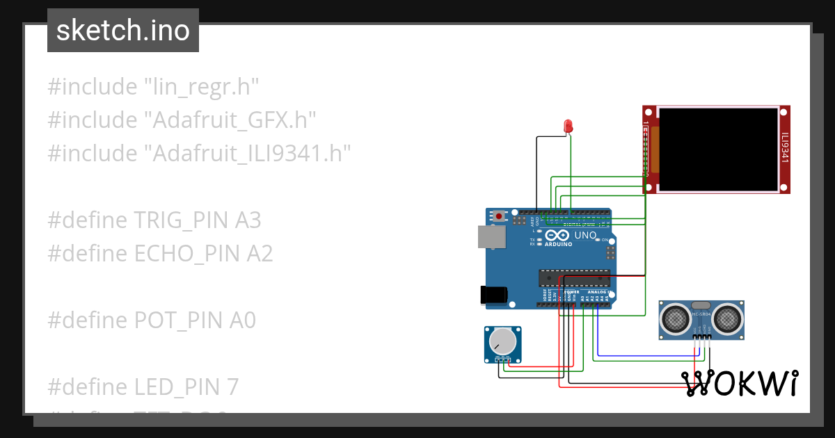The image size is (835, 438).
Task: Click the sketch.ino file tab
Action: (x=123, y=31)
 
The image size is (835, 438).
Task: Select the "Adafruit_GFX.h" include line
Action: (x=182, y=120)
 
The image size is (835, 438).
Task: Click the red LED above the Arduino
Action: (x=568, y=127)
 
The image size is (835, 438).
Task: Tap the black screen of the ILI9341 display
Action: (x=717, y=149)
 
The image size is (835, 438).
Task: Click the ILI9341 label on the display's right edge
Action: (x=785, y=147)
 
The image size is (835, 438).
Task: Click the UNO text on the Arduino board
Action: (x=584, y=235)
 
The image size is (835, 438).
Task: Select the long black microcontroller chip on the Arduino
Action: (x=574, y=278)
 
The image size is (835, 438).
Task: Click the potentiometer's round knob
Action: (x=502, y=341)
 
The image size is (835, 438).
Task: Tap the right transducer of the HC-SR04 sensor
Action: (x=728, y=319)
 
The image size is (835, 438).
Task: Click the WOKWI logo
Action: (x=739, y=383)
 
